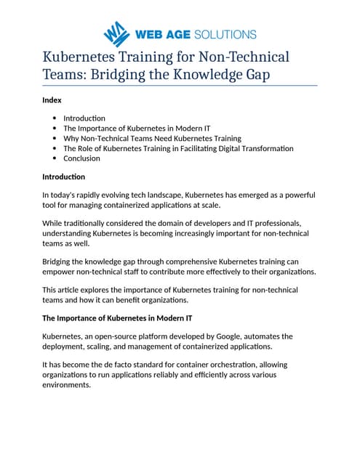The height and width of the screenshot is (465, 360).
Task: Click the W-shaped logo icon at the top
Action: click(x=116, y=33)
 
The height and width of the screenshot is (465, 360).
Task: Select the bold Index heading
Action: click(x=52, y=100)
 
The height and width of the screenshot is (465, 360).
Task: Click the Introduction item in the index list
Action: click(x=84, y=118)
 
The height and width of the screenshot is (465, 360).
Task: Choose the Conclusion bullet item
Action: click(x=81, y=158)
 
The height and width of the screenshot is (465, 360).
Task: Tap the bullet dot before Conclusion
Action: click(x=55, y=158)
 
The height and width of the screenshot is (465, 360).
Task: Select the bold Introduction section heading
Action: click(x=63, y=177)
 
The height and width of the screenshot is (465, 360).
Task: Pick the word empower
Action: click(x=60, y=272)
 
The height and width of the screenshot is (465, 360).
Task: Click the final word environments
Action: click(x=67, y=385)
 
